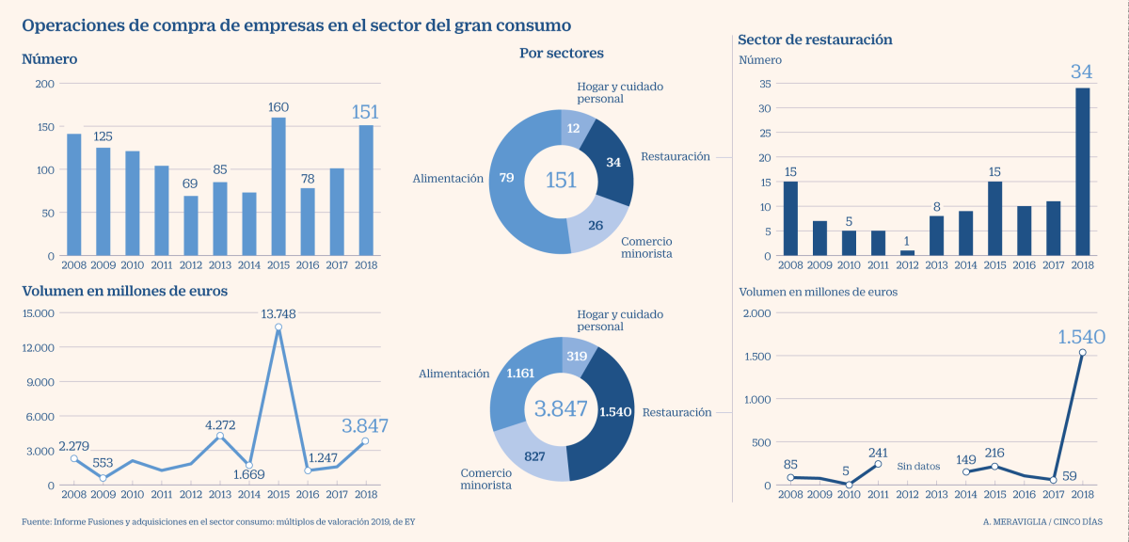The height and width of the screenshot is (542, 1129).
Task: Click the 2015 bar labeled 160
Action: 278,186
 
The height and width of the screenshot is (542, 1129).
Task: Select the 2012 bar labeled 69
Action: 191,226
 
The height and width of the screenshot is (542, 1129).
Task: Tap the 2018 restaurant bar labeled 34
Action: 1082,171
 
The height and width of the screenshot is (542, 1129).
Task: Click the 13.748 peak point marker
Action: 278,327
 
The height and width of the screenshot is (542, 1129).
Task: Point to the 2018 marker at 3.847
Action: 366,440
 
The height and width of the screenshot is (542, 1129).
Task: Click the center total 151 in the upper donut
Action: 562,180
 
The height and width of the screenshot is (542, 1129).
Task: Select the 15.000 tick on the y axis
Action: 38,313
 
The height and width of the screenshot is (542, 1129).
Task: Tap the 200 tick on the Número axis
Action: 43,84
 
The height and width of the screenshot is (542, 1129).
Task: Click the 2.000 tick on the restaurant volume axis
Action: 759,313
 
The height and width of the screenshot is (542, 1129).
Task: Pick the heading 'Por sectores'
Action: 562,54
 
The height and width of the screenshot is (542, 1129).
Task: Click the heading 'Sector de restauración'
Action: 815,40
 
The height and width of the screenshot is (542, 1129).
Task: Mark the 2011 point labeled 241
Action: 878,464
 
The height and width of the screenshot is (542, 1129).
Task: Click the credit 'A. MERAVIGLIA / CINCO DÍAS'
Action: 1042,521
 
